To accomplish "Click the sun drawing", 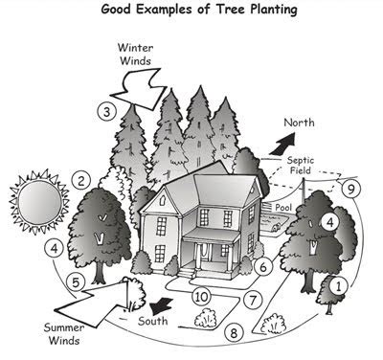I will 35,204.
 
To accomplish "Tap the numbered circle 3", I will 109,111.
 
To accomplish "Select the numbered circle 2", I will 83,179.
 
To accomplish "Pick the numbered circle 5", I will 77,284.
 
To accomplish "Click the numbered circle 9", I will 351,189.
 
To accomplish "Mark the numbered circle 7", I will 253,300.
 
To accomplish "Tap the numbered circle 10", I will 201,297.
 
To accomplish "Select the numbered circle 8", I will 234,333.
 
